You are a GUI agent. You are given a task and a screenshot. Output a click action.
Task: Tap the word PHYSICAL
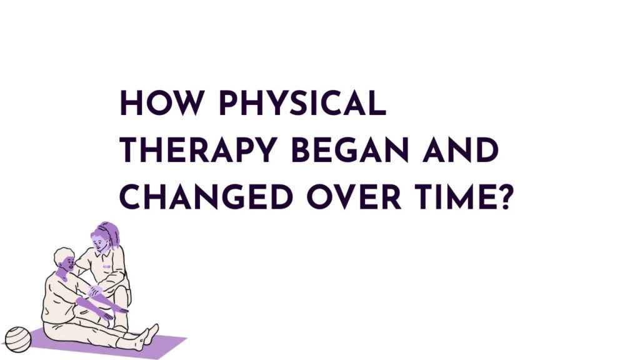300,104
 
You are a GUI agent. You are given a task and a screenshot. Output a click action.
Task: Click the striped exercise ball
17,338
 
